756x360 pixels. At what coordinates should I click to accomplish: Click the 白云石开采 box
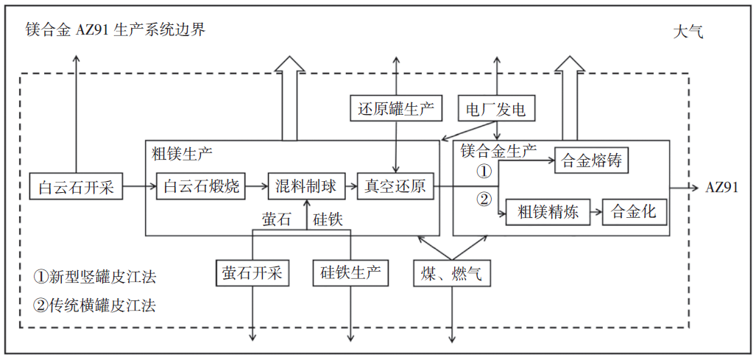tap(76, 187)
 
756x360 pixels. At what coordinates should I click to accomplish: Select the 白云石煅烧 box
tap(201, 186)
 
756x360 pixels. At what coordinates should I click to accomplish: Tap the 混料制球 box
tap(306, 186)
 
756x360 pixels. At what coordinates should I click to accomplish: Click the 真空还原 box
tap(396, 186)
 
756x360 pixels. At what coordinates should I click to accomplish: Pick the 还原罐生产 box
tap(396, 110)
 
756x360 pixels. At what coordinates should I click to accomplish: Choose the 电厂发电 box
tap(495, 110)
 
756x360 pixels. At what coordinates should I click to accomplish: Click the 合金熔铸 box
tap(592, 160)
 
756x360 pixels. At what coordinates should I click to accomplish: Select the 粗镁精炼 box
tap(548, 213)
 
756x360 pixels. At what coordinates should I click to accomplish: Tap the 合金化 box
tap(635, 213)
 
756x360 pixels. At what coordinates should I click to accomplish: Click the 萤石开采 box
tap(252, 273)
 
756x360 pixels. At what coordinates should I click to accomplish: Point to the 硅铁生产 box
tap(350, 273)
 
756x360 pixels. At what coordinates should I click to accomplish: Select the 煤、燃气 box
tap(451, 273)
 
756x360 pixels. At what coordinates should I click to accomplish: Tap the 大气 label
tap(689, 32)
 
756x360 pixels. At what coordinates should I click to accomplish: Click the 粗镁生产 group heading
tap(182, 154)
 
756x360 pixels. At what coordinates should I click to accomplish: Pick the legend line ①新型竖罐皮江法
tap(94, 278)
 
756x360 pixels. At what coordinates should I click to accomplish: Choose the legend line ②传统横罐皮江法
tap(94, 304)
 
